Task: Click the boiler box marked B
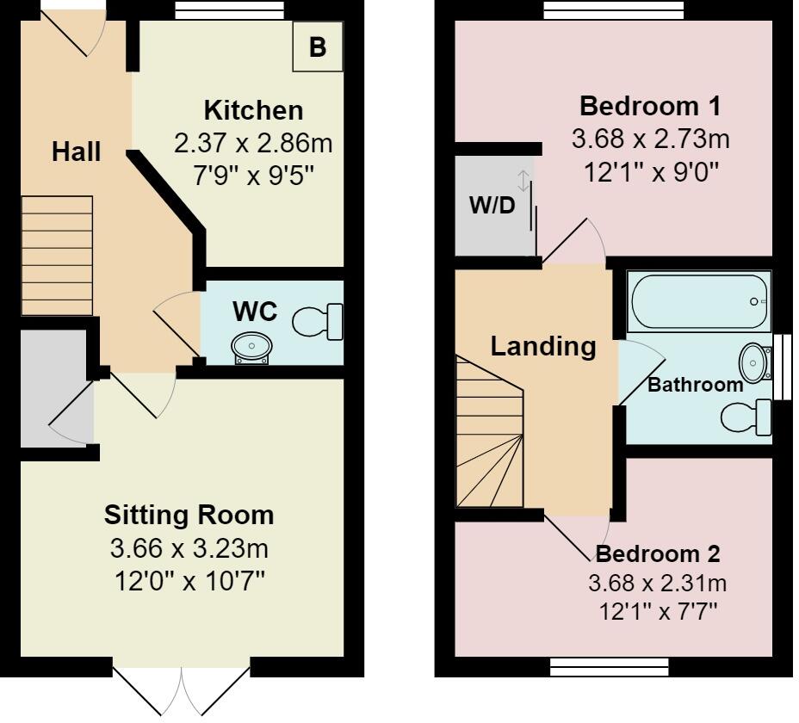(318, 46)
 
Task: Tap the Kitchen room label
(253, 110)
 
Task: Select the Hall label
(77, 151)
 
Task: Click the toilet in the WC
(318, 322)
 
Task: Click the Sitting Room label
(189, 515)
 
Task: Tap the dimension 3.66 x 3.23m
(189, 549)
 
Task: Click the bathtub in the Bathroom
(699, 301)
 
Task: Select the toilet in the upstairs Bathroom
(746, 417)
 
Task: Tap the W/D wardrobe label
(492, 206)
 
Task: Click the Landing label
(543, 347)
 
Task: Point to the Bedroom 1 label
(650, 107)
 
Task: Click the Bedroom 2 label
(658, 553)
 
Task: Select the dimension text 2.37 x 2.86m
(253, 143)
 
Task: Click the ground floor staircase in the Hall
(57, 256)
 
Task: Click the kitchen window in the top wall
(229, 9)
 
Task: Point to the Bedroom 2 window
(609, 667)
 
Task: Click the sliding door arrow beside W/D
(523, 181)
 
